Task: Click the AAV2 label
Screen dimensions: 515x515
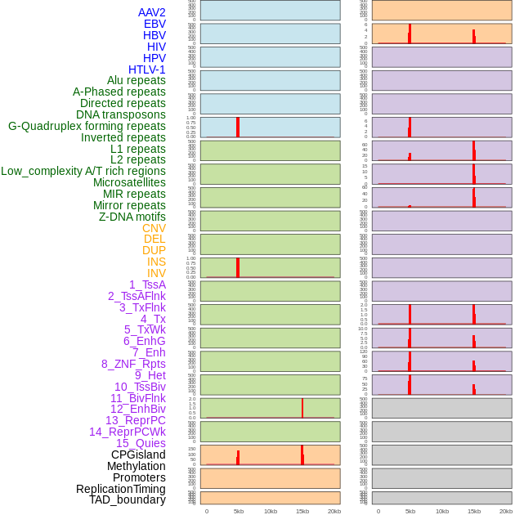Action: [x=151, y=12]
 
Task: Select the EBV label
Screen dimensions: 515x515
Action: [x=154, y=24]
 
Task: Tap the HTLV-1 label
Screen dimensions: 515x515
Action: [x=146, y=69]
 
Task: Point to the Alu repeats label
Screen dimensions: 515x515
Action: [x=136, y=80]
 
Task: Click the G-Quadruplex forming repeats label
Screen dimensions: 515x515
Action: [x=87, y=126]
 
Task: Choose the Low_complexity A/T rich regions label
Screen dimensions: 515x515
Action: [x=83, y=171]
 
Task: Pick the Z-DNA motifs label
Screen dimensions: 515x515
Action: [x=132, y=217]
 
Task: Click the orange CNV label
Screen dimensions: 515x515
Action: [x=154, y=228]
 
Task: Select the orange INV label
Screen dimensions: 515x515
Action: [x=156, y=273]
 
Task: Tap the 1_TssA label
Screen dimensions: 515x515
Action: [x=147, y=284]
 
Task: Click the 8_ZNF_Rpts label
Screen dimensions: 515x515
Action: [x=133, y=364]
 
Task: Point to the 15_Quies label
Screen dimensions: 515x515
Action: [x=141, y=443]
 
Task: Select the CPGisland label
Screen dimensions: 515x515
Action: [x=138, y=455]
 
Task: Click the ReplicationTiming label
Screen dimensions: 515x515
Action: [x=120, y=489]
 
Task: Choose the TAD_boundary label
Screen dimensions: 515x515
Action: [x=128, y=499]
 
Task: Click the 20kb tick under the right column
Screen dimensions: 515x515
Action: [x=506, y=511]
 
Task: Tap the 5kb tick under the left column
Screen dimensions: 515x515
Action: [x=239, y=511]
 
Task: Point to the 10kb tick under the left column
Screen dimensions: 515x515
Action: [x=271, y=511]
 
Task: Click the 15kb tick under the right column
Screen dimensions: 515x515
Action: [x=474, y=511]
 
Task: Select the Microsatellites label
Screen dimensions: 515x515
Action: [x=129, y=182]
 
